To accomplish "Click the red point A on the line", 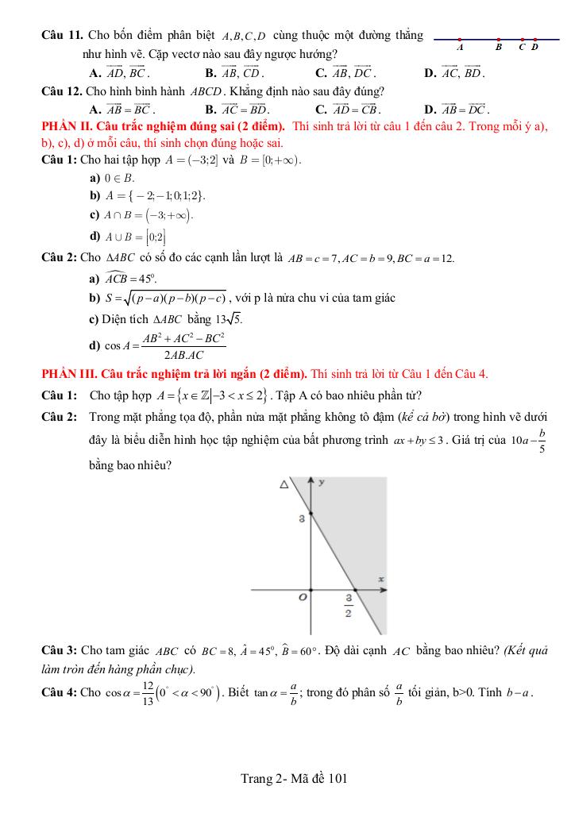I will pyautogui.click(x=460, y=38).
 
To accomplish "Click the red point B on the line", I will pyautogui.click(x=498, y=38).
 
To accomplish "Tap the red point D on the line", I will pyautogui.click(x=535, y=38).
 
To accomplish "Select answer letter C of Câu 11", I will pyautogui.click(x=321, y=74).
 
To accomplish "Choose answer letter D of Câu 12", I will pyautogui.click(x=430, y=110).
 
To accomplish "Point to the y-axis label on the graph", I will pyautogui.click(x=322, y=482).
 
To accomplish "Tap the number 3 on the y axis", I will pyautogui.click(x=302, y=519).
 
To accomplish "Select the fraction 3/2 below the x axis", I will pyautogui.click(x=348, y=605).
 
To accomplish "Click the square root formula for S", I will pyautogui.click(x=175, y=299).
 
